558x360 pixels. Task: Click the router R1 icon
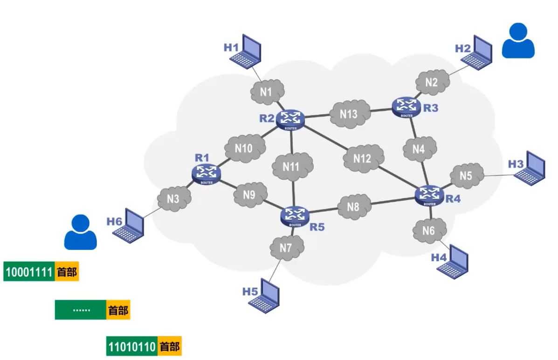206,173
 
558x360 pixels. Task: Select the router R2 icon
290,119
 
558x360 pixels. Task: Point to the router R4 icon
429,195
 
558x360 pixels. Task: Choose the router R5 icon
295,216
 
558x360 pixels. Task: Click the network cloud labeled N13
349,114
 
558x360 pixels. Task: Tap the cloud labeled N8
354,207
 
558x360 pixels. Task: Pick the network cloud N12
363,159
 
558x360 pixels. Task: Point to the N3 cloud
174,199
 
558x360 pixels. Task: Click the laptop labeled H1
247,50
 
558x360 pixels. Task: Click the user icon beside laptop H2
518,41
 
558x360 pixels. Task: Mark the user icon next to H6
80,232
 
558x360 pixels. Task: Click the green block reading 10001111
29,272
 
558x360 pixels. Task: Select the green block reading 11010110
131,346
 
